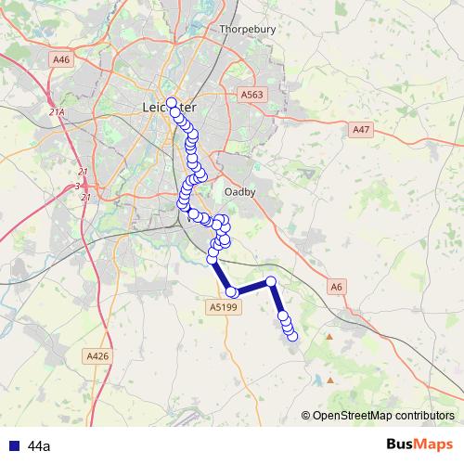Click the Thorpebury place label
248,29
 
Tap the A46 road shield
62,59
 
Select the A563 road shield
251,95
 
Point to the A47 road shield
362,131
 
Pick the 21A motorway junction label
58,112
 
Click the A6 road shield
339,289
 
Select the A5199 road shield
224,307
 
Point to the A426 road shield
97,355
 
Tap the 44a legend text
39,446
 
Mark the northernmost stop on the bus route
172,103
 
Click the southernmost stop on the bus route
292,336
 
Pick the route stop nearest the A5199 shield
232,292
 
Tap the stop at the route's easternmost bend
271,281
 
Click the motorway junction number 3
77,186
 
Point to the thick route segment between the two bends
251,287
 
